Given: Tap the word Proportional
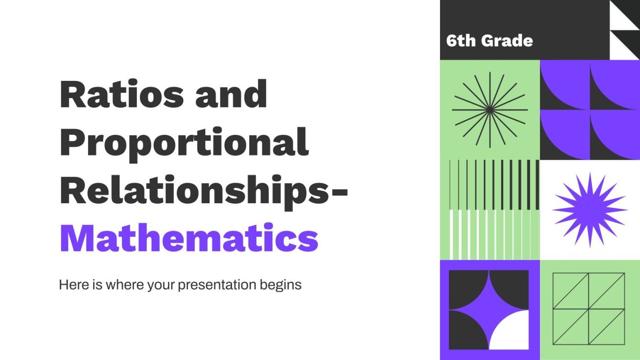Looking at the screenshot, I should [184, 142].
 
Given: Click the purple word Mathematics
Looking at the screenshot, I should [188, 239].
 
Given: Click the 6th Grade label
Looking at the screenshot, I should [489, 41].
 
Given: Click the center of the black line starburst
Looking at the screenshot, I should [489, 110].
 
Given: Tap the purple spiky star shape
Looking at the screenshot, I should [589, 210].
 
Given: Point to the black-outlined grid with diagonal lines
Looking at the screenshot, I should [589, 308].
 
